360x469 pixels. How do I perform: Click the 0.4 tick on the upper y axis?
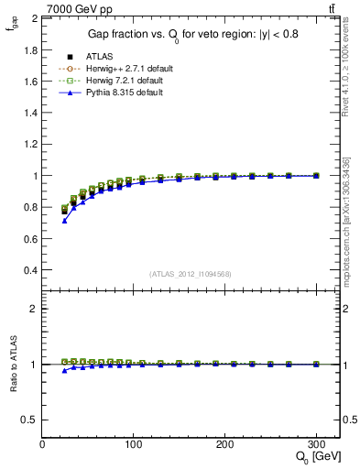[x=32, y=271]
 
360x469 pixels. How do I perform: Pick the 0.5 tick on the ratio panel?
[x=30, y=420]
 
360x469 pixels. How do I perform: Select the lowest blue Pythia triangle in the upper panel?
[x=64, y=221]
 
